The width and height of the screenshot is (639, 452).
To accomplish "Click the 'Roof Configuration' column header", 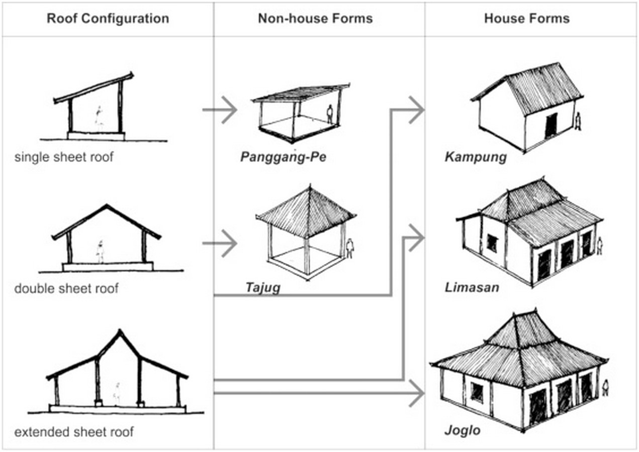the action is (108, 19).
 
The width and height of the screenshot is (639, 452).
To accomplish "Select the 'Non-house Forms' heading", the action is (315, 19).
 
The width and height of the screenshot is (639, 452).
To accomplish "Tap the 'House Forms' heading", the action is (527, 19).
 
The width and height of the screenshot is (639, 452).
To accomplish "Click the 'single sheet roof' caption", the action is (64, 157).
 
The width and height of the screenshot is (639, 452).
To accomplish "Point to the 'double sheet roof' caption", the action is (66, 288).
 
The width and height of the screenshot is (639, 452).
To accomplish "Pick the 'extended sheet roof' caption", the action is (74, 432).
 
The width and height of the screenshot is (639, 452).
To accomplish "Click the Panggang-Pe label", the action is (283, 157).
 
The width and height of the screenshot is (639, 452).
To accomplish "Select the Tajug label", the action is (263, 288).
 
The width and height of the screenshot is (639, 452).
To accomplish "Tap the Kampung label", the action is (476, 157).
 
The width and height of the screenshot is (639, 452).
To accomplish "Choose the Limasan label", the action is (472, 288).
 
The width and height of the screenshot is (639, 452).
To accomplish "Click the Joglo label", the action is (462, 431).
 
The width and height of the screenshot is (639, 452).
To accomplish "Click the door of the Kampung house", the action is (551, 126).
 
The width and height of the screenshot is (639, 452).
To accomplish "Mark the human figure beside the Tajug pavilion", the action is (350, 249).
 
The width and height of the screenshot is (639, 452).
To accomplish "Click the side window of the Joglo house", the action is (477, 392).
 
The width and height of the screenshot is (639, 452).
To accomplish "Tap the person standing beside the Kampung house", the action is (578, 121).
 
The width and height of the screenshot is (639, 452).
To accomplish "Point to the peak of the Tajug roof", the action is (310, 187).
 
